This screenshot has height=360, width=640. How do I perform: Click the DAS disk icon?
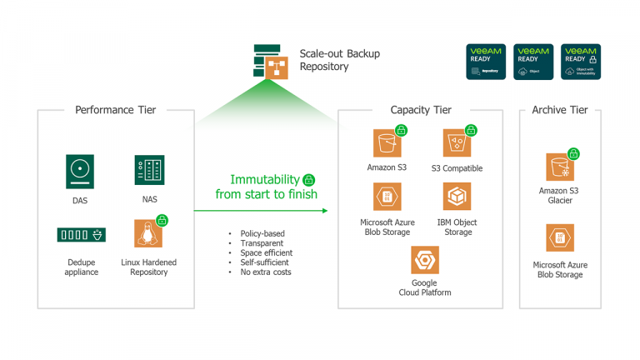click(x=80, y=172)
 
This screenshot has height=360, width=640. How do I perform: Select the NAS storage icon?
click(x=149, y=170)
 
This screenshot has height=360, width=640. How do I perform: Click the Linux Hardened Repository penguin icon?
click(x=148, y=233)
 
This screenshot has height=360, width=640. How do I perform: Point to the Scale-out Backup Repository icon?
click(x=271, y=62)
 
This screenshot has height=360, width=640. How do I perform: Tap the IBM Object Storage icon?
click(x=457, y=197)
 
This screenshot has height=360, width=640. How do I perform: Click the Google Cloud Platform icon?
click(x=424, y=260)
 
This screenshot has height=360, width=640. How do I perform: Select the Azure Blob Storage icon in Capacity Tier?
click(x=387, y=197)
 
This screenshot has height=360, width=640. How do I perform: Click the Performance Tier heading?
click(x=115, y=110)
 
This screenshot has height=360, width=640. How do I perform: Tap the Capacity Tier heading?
click(x=420, y=110)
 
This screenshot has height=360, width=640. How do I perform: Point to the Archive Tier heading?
click(x=559, y=110)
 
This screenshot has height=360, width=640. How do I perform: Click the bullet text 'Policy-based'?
click(x=261, y=233)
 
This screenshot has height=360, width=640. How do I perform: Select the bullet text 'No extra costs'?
click(x=265, y=272)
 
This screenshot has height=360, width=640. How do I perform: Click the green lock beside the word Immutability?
click(x=308, y=179)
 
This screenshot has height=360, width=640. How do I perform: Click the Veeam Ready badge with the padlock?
click(x=580, y=62)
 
